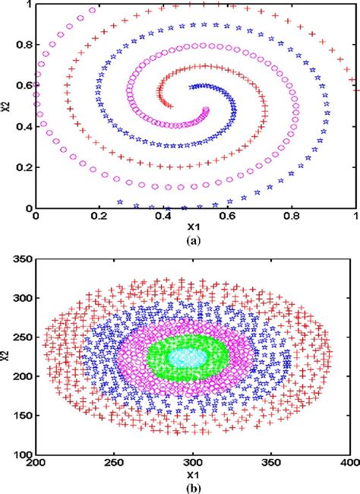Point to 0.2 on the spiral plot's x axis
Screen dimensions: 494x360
[x=99, y=217]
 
